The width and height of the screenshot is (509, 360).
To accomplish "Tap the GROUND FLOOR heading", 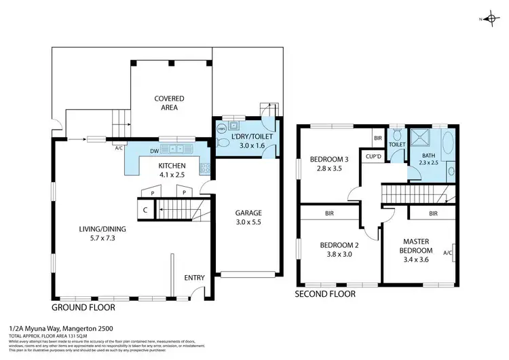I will coord(83,307).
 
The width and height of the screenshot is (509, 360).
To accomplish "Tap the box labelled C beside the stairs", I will coord(145,210).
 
